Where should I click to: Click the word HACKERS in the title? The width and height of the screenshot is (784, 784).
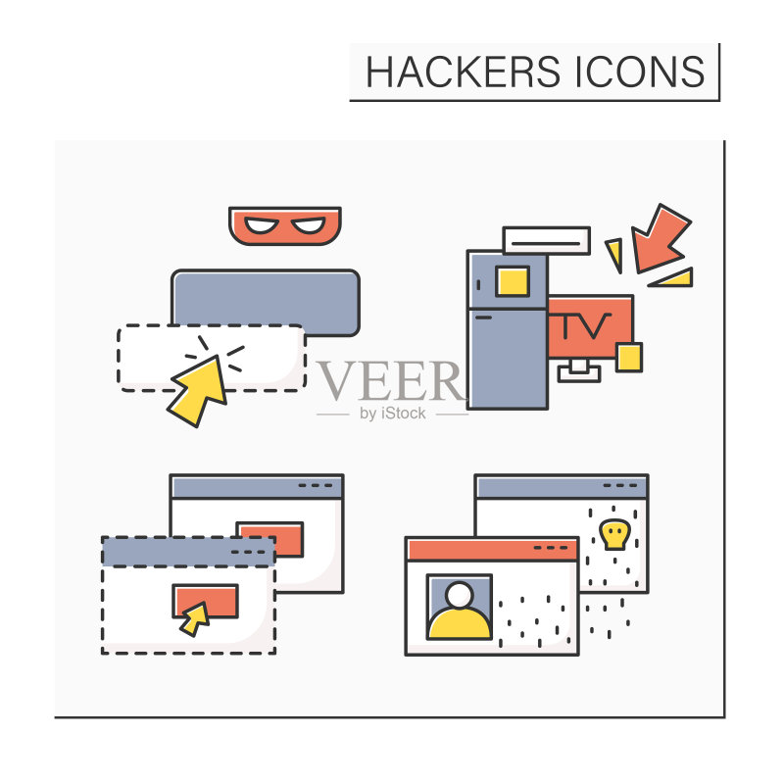(463, 72)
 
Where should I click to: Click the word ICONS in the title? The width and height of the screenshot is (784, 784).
(640, 72)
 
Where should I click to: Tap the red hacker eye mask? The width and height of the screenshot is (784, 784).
(285, 225)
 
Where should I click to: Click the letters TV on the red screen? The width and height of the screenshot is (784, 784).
(585, 325)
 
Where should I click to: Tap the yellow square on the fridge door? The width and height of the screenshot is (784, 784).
(513, 281)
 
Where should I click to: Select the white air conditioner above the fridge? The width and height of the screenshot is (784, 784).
(547, 241)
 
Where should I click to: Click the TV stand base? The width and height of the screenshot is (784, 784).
(579, 371)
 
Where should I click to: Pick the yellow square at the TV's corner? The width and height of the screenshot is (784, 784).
(629, 357)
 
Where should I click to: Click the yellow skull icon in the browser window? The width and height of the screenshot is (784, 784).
(614, 534)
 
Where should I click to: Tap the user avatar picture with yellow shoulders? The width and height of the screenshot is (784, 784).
(460, 607)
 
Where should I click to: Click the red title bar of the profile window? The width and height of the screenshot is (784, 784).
(492, 549)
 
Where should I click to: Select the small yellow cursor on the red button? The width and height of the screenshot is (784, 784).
(195, 619)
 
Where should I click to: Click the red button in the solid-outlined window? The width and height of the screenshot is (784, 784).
(270, 539)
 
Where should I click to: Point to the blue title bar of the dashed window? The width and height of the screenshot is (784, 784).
(188, 552)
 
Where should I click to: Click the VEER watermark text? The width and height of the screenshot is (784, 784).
(390, 380)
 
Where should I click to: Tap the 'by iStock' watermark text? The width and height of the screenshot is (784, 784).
(393, 414)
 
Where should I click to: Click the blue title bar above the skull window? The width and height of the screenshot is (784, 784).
(562, 486)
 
